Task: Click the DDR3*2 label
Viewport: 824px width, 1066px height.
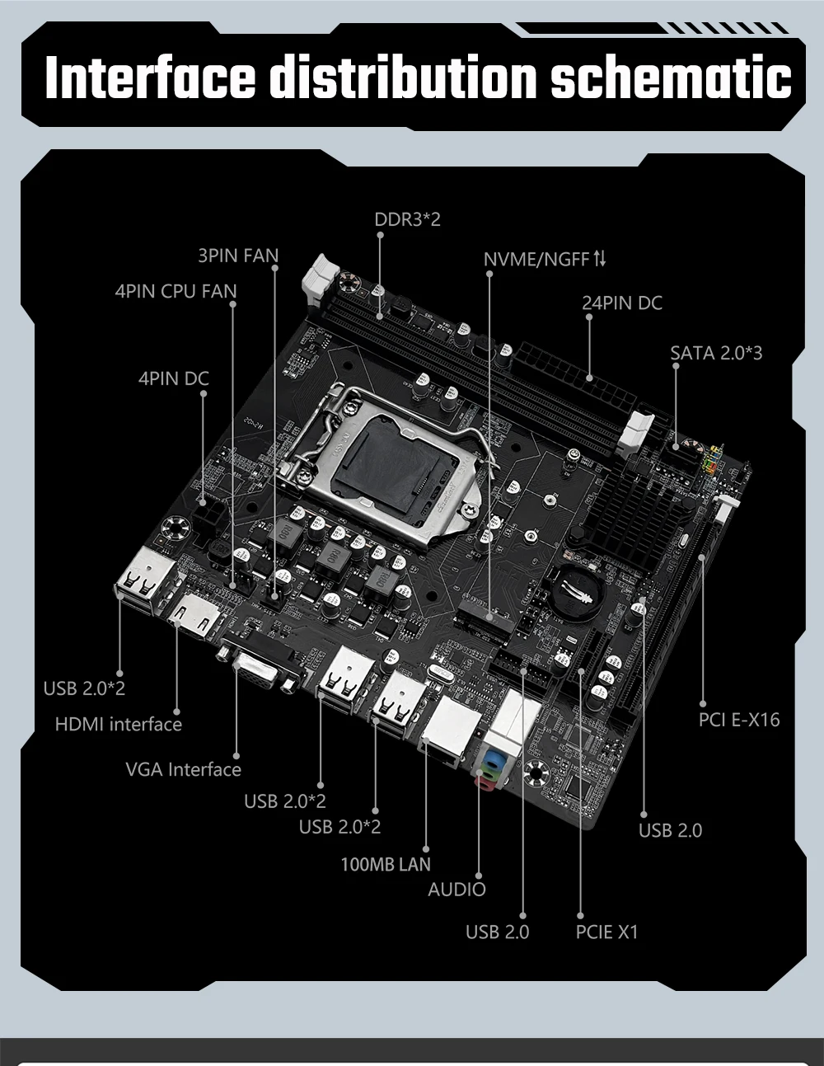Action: [x=407, y=220]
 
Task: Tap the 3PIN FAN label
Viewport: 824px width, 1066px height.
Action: [x=238, y=256]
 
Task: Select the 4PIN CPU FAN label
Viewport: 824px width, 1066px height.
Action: [x=176, y=291]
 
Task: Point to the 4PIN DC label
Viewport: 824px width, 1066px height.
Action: [x=174, y=378]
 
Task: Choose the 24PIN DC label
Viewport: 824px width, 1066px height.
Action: [x=622, y=303]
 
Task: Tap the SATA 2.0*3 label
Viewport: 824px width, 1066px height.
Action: [x=716, y=354]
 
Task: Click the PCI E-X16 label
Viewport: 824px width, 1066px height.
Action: [x=738, y=720]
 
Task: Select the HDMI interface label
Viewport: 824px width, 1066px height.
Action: [x=118, y=725]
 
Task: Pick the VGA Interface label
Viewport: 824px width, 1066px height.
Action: [x=183, y=770]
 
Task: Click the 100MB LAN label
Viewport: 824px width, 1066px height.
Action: [x=386, y=865]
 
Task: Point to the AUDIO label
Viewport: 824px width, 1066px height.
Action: [x=456, y=890]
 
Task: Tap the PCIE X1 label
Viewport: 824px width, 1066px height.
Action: [x=606, y=932]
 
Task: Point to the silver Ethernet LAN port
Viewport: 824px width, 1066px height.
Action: [x=452, y=726]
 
